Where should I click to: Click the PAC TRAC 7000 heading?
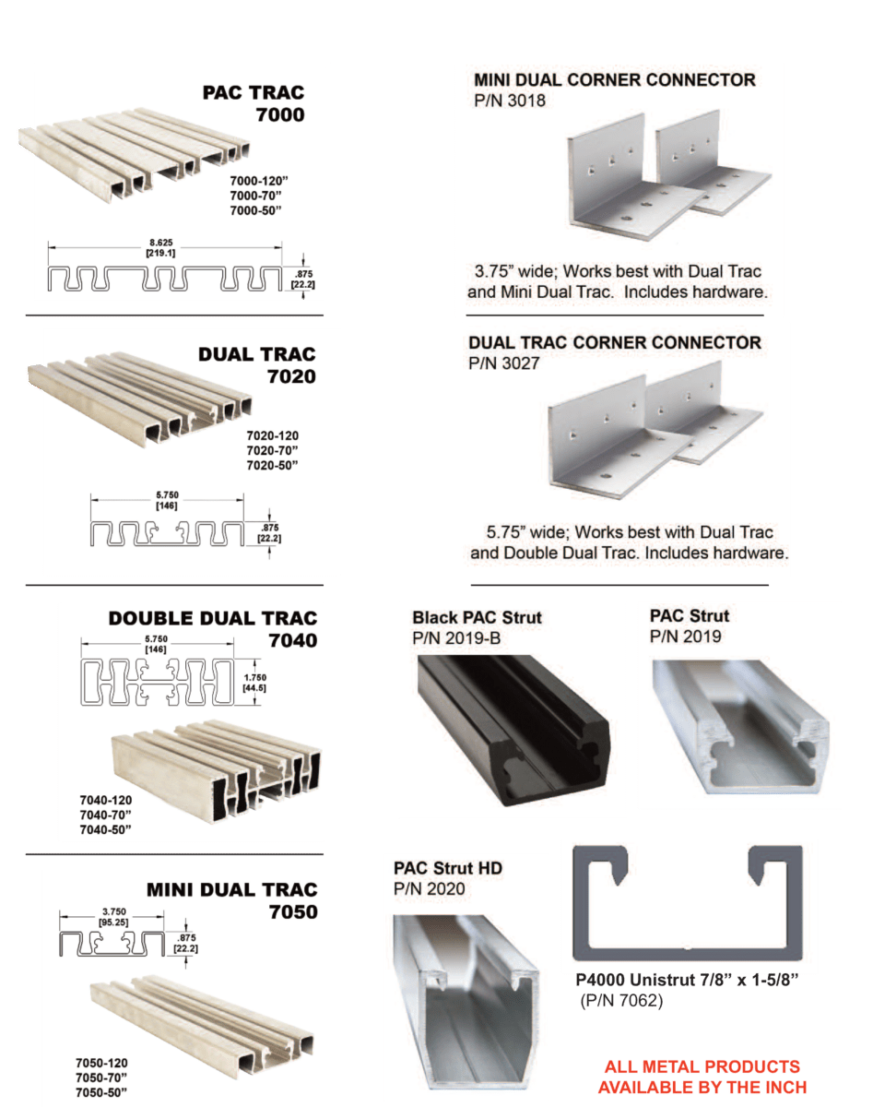coord(254,103)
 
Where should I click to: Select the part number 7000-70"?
coord(256,196)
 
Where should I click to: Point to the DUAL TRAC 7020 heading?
coord(257,365)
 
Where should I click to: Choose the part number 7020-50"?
coord(272,465)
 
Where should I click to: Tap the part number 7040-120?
coord(105,800)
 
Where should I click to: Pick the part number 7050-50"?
coord(101,1092)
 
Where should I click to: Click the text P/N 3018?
coord(510,101)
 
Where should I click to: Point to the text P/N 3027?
coord(504,363)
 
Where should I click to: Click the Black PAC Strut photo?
coord(513,730)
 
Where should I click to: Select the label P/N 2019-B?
coord(456,638)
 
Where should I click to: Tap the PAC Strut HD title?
coord(448,868)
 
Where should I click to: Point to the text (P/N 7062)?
coord(621,1001)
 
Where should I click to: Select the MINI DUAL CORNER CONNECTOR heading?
coord(615,79)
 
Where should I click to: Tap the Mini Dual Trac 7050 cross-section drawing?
coord(112,944)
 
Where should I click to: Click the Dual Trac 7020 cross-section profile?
coord(167,533)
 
